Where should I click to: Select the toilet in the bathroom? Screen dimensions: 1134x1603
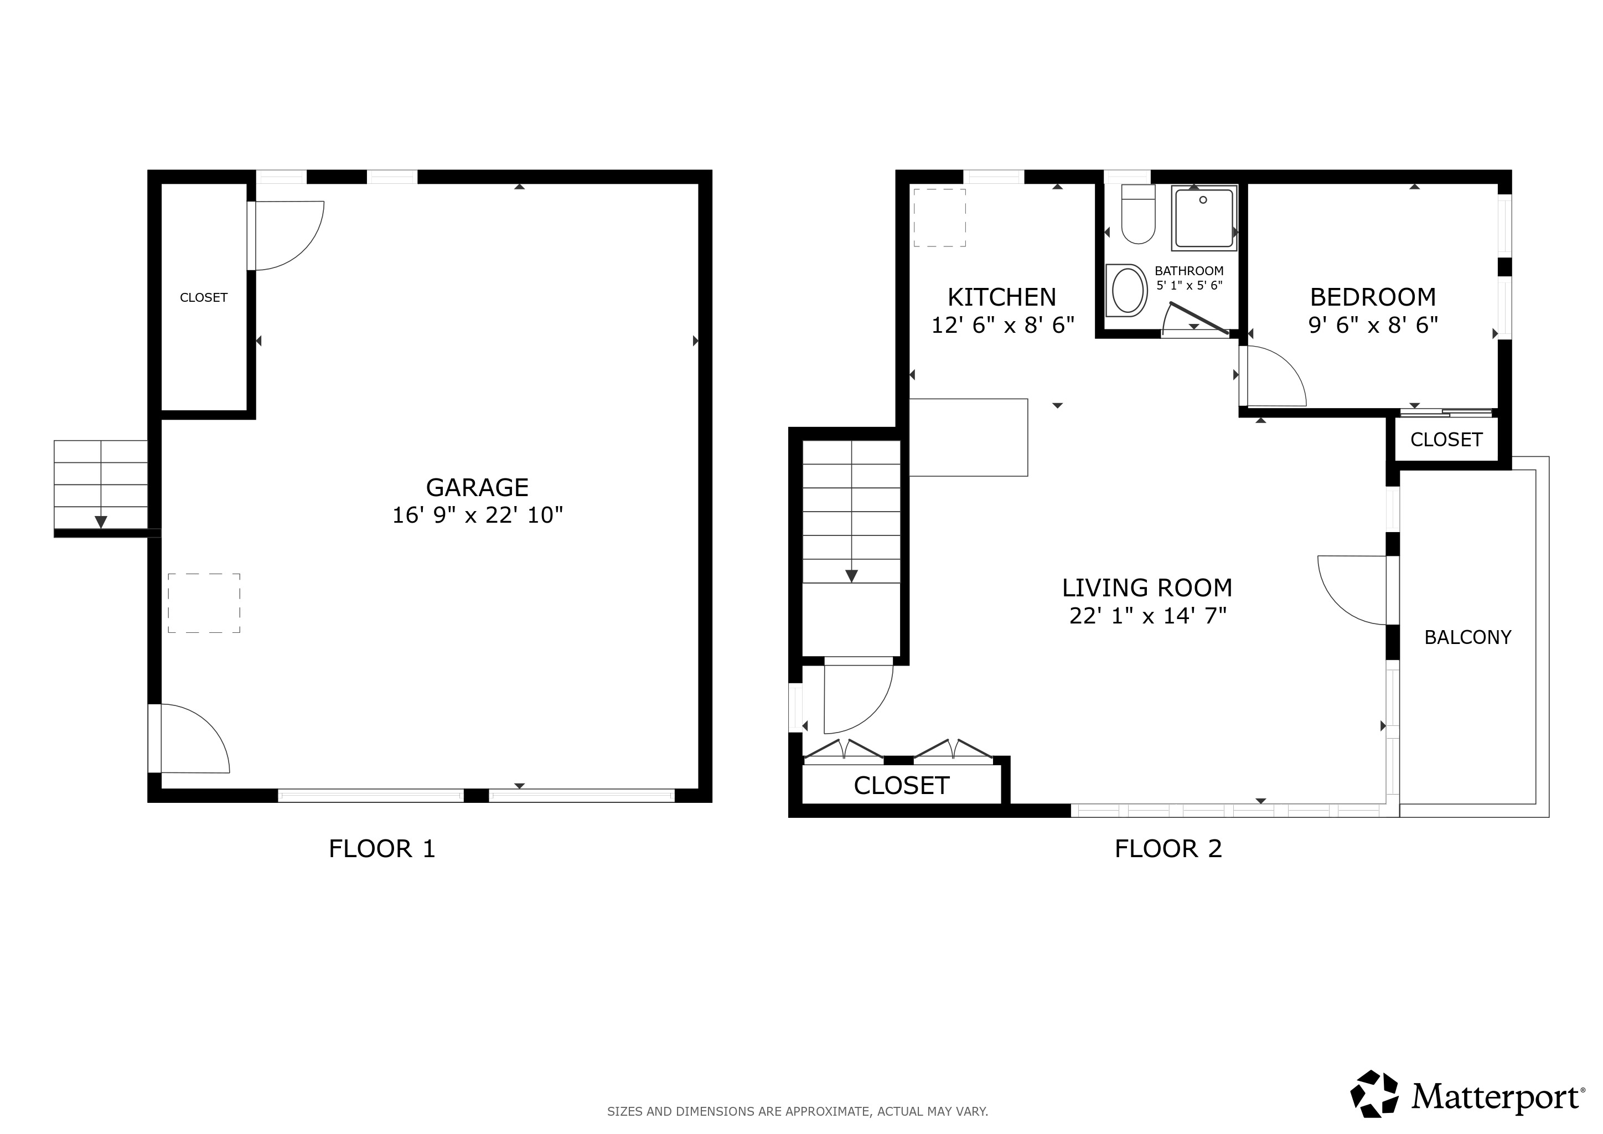point(1138,215)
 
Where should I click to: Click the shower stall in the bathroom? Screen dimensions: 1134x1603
point(1204,217)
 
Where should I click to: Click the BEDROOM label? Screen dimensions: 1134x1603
point(1373,297)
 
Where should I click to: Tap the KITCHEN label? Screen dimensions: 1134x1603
point(1001,297)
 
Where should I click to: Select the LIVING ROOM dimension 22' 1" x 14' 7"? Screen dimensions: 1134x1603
point(1148,616)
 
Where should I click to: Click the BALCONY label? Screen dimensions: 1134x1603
point(1467,637)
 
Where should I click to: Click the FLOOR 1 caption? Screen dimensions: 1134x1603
point(382,849)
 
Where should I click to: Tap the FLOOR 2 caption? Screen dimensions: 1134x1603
point(1168,849)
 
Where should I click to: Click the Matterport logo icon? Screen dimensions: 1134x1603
point(1373,1094)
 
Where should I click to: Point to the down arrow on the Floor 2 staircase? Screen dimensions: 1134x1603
point(851,575)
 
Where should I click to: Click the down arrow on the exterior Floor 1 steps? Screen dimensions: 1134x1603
point(101,522)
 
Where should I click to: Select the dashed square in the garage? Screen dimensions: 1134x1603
point(204,604)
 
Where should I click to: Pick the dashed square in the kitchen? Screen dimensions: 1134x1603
point(940,218)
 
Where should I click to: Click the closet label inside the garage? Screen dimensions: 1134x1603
point(203,297)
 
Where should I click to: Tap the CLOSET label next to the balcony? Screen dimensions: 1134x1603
point(1446,439)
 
